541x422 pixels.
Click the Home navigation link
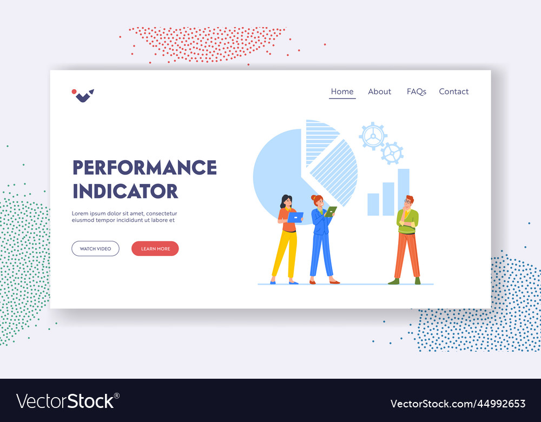click(x=342, y=92)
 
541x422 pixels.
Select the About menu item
click(x=379, y=92)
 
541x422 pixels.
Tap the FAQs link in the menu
click(x=416, y=92)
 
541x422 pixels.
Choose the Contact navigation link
click(x=453, y=92)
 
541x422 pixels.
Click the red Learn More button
click(x=155, y=249)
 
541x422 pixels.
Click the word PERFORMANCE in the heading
click(x=144, y=168)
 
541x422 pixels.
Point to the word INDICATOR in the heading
click(x=125, y=192)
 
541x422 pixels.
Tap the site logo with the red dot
click(x=83, y=95)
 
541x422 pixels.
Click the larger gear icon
click(x=373, y=136)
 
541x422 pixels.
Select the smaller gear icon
click(x=392, y=153)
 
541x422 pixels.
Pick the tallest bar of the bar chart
click(x=404, y=192)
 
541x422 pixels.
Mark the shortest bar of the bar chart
click(x=373, y=205)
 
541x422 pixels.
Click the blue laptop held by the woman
click(x=295, y=217)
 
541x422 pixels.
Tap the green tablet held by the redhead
click(x=330, y=212)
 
